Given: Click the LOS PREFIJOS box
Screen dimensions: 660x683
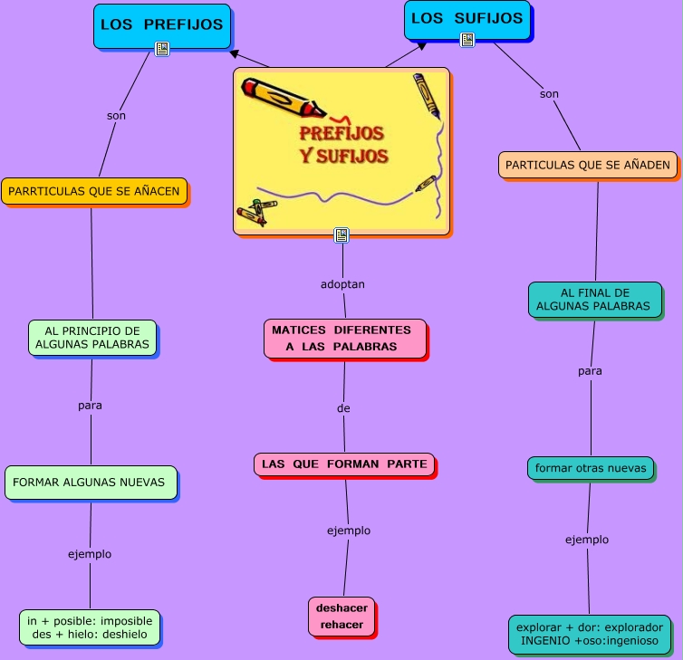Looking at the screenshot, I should pyautogui.click(x=161, y=24).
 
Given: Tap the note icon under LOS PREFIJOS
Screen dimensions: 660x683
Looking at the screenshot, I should pyautogui.click(x=162, y=49).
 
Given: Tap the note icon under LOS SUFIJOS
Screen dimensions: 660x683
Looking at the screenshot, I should pyautogui.click(x=467, y=40).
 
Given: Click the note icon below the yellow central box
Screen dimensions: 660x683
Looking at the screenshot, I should pyautogui.click(x=341, y=235).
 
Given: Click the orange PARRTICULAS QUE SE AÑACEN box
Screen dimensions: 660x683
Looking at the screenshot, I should pyautogui.click(x=94, y=191).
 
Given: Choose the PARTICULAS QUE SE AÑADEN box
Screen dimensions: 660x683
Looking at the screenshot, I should pyautogui.click(x=587, y=165).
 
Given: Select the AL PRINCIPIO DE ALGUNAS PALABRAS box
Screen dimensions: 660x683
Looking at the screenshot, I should pyautogui.click(x=91, y=338).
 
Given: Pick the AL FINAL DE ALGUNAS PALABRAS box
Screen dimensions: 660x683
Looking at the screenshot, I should pyautogui.click(x=594, y=300).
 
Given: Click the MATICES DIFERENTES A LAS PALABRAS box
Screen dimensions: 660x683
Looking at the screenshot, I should pyautogui.click(x=343, y=338).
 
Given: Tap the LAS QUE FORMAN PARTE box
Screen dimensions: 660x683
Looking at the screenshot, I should pyautogui.click(x=344, y=464).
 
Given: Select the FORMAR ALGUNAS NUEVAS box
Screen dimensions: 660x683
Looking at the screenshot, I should pyautogui.click(x=90, y=483).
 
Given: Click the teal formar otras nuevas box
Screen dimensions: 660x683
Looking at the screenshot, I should pyautogui.click(x=590, y=468).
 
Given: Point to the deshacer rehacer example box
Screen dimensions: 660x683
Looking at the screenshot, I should pyautogui.click(x=341, y=616).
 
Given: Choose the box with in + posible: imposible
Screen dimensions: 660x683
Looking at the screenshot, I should pyautogui.click(x=90, y=627).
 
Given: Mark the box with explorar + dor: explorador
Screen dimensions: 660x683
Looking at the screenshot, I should pyautogui.click(x=589, y=634).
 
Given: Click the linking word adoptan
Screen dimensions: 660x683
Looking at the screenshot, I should pyautogui.click(x=342, y=284).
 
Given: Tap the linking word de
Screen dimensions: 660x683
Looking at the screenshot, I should pyautogui.click(x=343, y=408).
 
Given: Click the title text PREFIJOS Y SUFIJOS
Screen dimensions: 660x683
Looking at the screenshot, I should pyautogui.click(x=343, y=144).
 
